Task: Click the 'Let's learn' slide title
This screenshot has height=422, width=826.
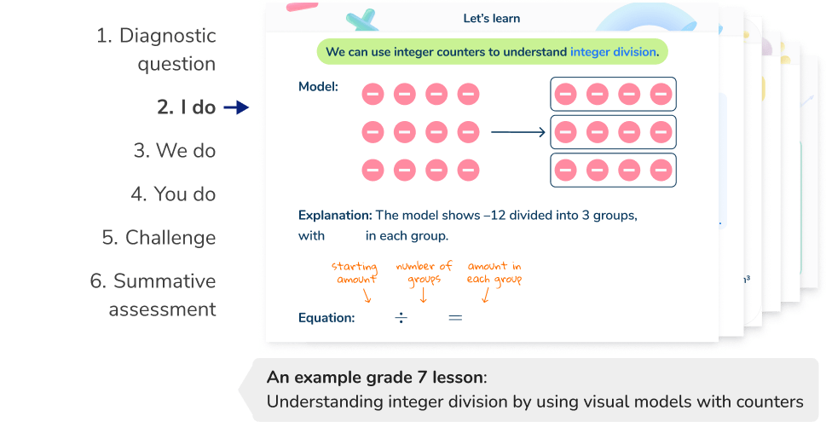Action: [492, 18]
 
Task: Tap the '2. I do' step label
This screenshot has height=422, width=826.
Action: [186, 107]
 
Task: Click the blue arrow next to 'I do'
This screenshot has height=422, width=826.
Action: [235, 107]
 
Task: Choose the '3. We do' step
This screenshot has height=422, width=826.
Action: [175, 151]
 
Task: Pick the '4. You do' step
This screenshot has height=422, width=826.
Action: [173, 194]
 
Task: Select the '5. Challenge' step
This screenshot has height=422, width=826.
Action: [159, 238]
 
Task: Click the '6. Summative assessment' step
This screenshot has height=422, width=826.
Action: [153, 295]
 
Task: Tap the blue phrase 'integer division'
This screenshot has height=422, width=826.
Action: [613, 52]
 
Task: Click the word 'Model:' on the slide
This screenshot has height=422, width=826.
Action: [318, 86]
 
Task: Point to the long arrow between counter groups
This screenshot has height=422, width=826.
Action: [517, 132]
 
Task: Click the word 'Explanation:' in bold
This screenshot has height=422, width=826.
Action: [335, 216]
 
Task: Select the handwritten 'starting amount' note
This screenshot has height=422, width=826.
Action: [355, 273]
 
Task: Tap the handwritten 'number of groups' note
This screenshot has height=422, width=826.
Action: [423, 273]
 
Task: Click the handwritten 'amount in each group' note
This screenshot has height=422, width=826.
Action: [494, 273]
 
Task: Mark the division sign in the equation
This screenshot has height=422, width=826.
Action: [401, 318]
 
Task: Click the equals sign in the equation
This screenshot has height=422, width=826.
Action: [455, 318]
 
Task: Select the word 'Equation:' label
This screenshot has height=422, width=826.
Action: [326, 318]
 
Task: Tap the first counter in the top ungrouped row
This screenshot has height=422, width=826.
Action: [373, 95]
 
